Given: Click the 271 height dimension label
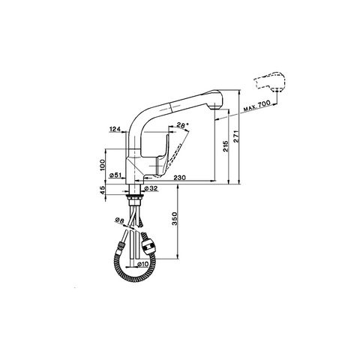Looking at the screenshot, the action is coord(236,136).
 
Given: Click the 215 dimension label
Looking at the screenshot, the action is coord(226,145).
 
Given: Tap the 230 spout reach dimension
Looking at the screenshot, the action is coord(180,178).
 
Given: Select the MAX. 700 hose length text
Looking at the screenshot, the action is coord(256,106).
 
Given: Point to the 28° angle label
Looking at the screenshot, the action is coord(183,125).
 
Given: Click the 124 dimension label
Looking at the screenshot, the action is coord(115,129).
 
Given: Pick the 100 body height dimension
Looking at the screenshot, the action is coord(102,165).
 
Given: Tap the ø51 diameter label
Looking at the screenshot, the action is coord(115,175).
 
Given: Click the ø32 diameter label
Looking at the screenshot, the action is coord(151,188).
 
